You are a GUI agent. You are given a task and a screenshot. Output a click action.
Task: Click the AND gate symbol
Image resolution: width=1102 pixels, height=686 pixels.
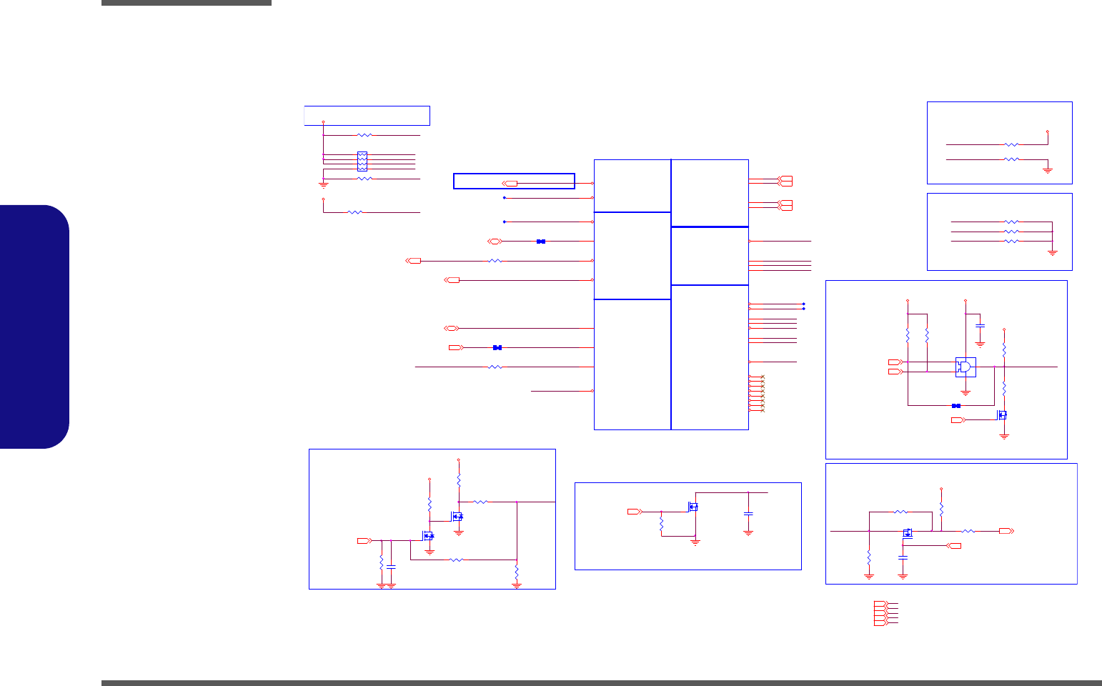pos(966,367)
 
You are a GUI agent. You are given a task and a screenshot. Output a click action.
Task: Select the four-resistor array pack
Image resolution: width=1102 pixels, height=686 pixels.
pos(362,161)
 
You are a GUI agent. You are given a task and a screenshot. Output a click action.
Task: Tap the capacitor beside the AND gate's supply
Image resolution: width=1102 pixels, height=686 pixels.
pos(980,326)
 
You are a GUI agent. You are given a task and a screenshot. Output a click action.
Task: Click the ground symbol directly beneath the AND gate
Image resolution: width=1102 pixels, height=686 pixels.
pos(966,392)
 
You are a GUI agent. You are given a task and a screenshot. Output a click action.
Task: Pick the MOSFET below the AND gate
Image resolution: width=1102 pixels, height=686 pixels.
pos(1003,415)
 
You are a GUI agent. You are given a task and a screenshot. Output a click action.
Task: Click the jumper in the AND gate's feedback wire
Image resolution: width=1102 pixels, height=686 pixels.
pos(956,405)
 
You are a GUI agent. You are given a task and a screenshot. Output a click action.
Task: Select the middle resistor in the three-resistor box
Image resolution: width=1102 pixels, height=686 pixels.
pos(1011,232)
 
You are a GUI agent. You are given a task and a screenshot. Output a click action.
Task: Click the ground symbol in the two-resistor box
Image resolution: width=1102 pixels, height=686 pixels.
pos(1048,170)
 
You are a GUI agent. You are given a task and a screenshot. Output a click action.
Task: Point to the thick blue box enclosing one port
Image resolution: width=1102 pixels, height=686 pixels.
pos(514,181)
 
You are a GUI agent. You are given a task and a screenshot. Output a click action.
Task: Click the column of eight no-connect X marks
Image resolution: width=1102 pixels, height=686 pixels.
pos(763,394)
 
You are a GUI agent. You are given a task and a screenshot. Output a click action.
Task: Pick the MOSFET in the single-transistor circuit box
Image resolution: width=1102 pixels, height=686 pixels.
pos(692,507)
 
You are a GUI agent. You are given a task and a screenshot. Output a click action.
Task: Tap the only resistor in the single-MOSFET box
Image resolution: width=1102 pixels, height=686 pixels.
pos(662,524)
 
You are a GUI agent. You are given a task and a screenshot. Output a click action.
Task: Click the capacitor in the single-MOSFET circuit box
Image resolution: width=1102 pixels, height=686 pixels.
pos(748,514)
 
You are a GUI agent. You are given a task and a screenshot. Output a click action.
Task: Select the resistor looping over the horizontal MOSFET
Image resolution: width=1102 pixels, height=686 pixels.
pos(900,512)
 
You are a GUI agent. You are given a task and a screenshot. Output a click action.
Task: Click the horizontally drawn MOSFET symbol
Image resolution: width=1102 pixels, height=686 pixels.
pos(908,532)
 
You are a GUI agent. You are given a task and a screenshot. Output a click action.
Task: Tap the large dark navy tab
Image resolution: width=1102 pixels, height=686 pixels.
pos(34,327)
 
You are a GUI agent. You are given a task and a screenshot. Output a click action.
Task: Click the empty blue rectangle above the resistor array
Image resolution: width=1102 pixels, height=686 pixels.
pos(367,116)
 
